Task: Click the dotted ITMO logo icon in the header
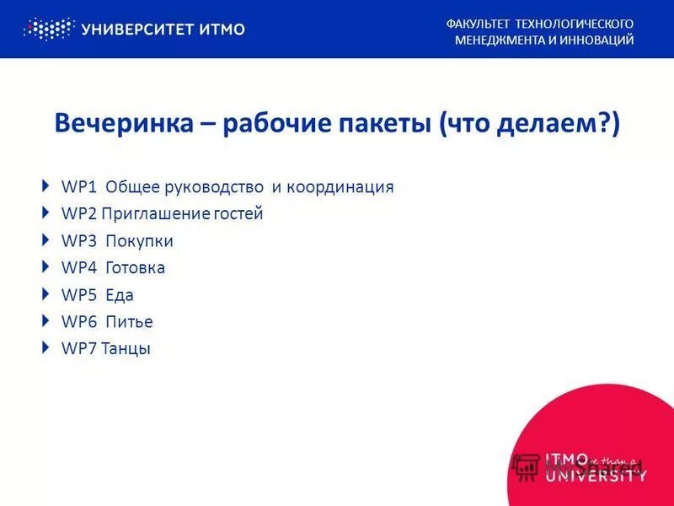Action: (48, 30)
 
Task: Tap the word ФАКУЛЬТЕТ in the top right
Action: (478, 24)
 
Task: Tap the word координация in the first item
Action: (340, 187)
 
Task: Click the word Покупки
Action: (139, 241)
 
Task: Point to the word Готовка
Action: (135, 268)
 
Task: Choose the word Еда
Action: (120, 295)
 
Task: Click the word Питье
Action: (129, 322)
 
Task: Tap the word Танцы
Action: (126, 349)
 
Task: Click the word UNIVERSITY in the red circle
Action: (596, 477)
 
